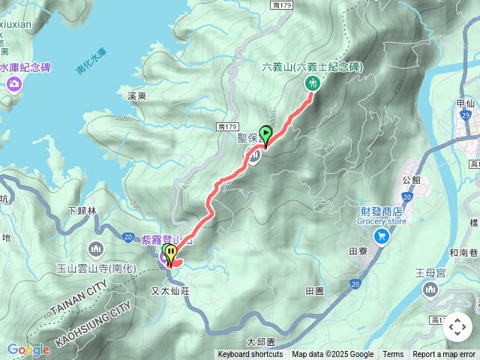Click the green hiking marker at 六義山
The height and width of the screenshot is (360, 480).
[x=311, y=83]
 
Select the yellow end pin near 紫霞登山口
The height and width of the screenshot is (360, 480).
[x=171, y=253]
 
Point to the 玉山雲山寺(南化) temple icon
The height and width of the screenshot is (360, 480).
[x=95, y=248]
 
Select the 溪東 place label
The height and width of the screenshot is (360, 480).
[x=136, y=96]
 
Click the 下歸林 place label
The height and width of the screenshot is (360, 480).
[x=82, y=211]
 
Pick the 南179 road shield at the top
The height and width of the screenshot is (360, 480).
[x=281, y=5]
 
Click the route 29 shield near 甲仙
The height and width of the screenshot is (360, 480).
[x=466, y=115]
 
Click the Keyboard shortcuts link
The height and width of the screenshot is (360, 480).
[x=250, y=355]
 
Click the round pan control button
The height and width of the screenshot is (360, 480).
[x=457, y=327]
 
